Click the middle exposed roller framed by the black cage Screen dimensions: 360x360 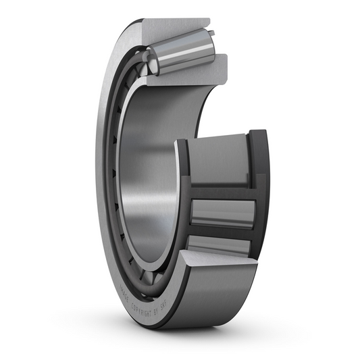pos(222,213)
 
